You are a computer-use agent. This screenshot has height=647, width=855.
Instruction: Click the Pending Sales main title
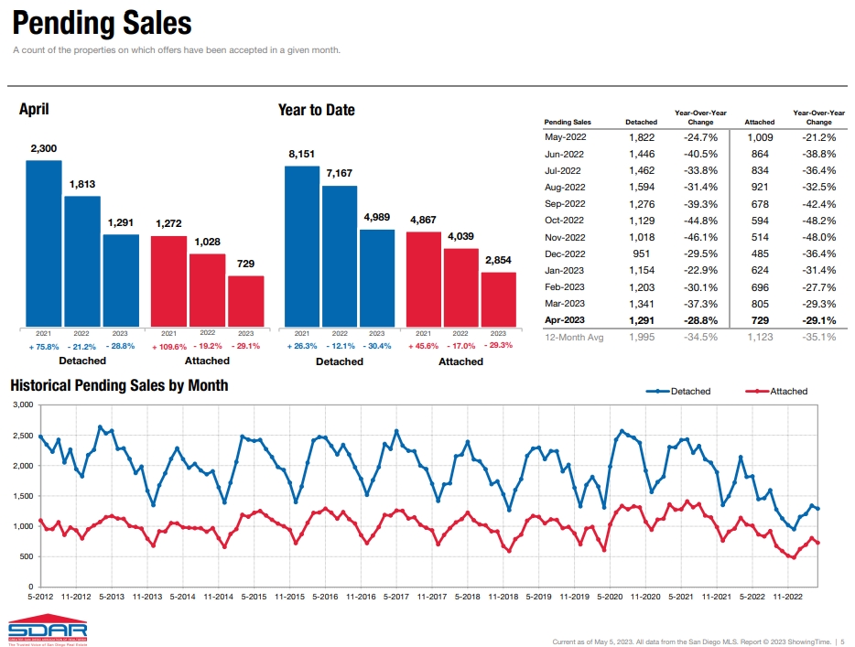tap(103, 23)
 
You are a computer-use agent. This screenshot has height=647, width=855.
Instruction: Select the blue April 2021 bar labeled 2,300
tap(44, 243)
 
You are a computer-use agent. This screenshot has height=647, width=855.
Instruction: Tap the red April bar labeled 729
tap(245, 301)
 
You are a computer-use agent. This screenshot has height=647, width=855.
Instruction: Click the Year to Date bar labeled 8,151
tap(302, 246)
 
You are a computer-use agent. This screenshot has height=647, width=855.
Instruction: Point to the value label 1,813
tap(82, 184)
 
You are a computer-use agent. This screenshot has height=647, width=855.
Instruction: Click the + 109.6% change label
tap(168, 347)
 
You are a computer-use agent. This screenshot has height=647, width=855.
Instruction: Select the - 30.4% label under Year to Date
tap(377, 346)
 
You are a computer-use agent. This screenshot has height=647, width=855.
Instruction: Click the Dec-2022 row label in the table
tap(565, 253)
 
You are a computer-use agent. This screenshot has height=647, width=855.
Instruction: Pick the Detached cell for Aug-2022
tap(641, 187)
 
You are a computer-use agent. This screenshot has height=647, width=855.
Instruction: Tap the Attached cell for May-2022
tap(759, 137)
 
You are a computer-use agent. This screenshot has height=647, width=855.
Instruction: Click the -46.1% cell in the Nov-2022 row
tap(700, 237)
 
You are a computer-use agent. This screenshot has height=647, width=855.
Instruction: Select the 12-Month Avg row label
tap(574, 337)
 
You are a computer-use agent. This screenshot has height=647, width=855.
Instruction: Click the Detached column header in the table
tap(641, 122)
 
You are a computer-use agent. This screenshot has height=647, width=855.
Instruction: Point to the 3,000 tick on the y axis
tap(22, 404)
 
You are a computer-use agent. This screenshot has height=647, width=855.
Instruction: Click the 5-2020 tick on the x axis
tap(610, 597)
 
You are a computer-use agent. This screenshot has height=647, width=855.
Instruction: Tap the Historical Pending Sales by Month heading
tap(118, 385)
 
